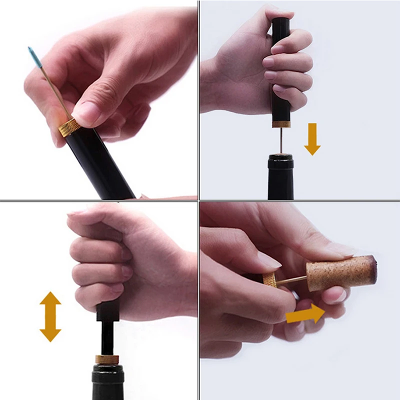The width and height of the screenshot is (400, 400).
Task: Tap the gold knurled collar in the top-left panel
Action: point(69,128)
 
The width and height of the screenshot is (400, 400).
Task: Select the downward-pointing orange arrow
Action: point(312,138)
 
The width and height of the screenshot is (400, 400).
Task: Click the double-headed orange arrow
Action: point(50,316)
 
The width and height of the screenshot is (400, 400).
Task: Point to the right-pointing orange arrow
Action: point(305,314)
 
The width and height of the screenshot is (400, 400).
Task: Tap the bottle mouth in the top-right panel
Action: point(280,158)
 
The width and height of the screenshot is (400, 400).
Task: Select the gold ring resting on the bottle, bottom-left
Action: point(107,359)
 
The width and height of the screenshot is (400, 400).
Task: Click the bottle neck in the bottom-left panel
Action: point(107,382)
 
